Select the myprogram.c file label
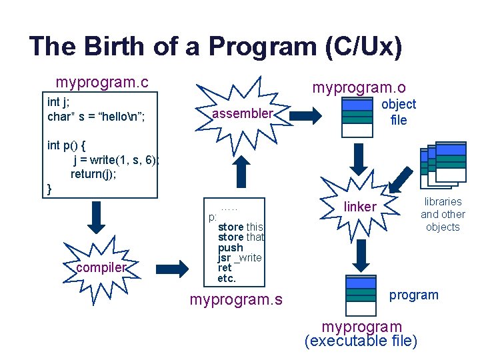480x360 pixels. tap(102, 83)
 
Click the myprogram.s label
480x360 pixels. tap(236, 300)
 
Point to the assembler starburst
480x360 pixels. tap(242, 114)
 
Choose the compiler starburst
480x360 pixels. tap(100, 267)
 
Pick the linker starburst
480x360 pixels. tap(360, 207)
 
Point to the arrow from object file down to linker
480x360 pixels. tap(359, 158)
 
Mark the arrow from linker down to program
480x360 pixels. tap(361, 253)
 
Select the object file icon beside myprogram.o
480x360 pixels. tap(357, 117)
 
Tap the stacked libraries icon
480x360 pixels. tap(443, 163)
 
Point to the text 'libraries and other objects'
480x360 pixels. tap(443, 214)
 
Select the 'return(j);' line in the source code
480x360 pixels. tap(95, 174)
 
